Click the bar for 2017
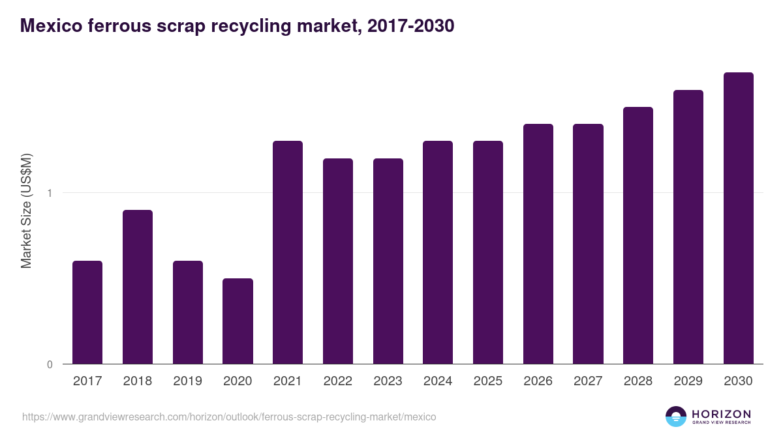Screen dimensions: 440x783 coord(87,312)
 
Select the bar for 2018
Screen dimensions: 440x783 coord(138,287)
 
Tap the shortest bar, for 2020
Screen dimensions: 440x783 coord(238,321)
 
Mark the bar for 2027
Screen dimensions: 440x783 coord(588,244)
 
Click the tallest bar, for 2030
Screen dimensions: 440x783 coord(738,218)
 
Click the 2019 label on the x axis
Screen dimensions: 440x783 coord(187,381)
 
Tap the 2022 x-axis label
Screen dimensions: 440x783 coord(337,381)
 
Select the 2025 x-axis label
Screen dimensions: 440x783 coord(488,381)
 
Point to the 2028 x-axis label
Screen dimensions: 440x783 coord(638,381)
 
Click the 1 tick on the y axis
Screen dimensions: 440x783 coord(50,193)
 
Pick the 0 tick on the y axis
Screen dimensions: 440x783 coord(50,364)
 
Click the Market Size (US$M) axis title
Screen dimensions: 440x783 coord(27,211)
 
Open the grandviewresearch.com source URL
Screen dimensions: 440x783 coord(229,417)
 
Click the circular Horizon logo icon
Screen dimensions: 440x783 coord(676,417)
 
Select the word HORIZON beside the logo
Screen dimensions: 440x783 coord(721,413)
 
